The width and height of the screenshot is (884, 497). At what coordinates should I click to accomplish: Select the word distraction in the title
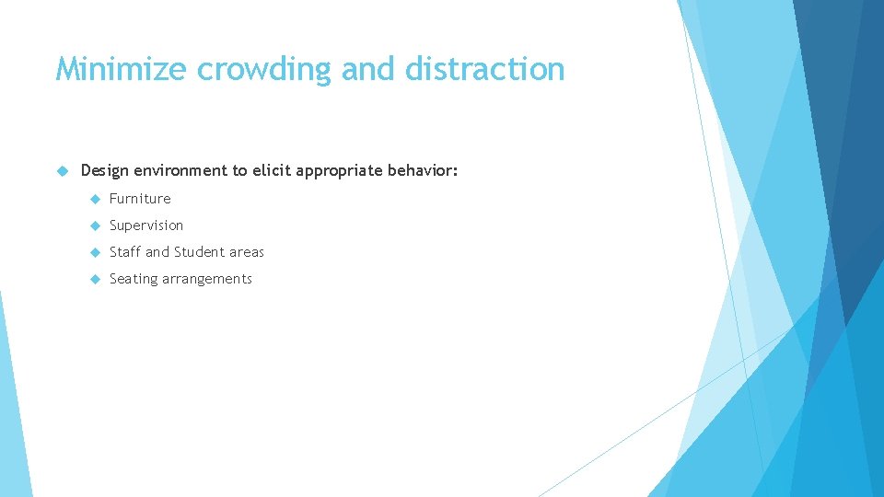(x=480, y=69)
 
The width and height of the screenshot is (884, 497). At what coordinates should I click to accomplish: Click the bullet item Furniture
(x=140, y=199)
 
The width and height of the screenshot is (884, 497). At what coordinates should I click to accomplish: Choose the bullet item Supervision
(x=146, y=225)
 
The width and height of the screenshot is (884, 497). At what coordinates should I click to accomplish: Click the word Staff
(x=125, y=252)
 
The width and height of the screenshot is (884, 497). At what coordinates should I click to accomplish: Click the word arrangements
(x=207, y=279)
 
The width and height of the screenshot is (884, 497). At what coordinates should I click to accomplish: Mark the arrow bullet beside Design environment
(x=63, y=171)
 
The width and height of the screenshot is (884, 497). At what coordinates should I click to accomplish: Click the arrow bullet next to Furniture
(x=94, y=199)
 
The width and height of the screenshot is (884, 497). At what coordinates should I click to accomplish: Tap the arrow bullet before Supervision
(x=94, y=225)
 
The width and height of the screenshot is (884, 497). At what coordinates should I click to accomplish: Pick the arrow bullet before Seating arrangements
(x=94, y=279)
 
